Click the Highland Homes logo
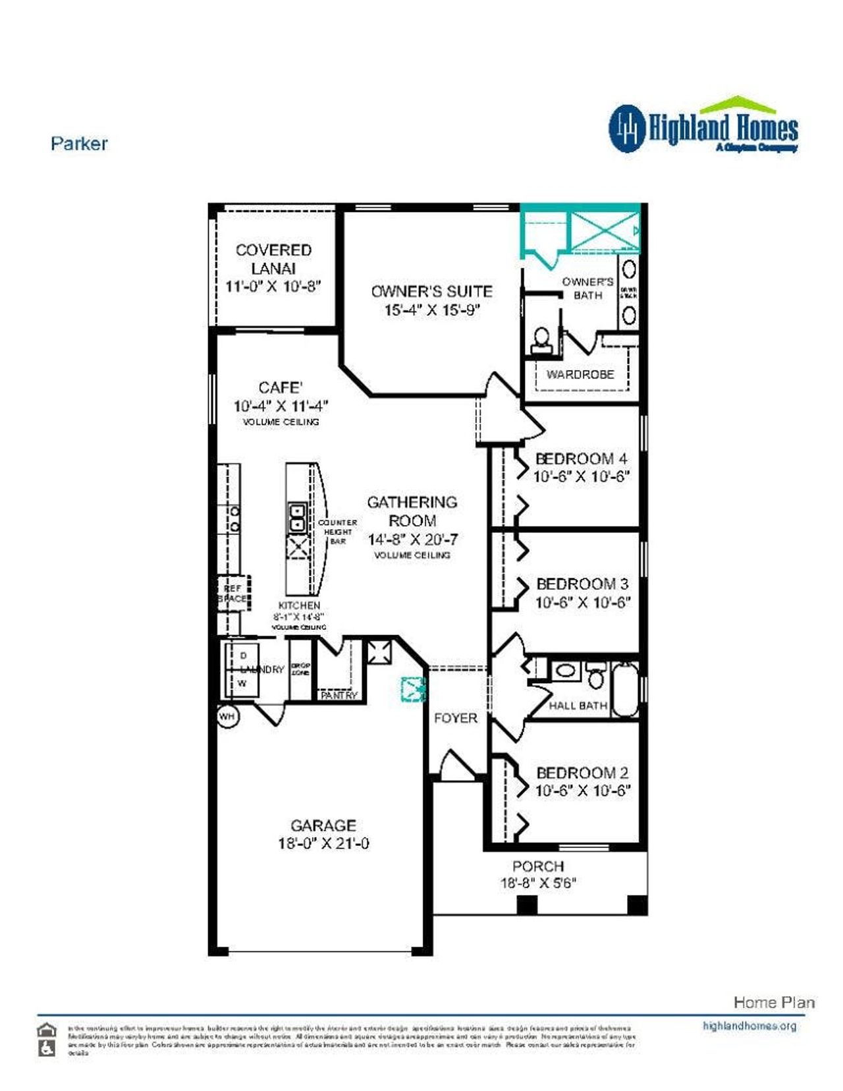point(703,126)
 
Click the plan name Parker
point(79,144)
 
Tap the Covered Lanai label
point(273,259)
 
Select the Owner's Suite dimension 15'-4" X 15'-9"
point(432,310)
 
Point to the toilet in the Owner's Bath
point(541,339)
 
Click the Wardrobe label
point(580,374)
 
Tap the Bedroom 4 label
point(581,459)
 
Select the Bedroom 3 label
point(582,584)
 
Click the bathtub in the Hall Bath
point(625,690)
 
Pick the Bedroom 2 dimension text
point(582,791)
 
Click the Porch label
point(538,866)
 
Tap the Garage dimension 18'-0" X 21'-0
point(323,843)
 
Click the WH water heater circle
point(227,716)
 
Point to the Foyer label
point(455,718)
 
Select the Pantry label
point(339,695)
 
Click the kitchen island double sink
point(297,517)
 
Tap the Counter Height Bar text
point(337,532)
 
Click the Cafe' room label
point(280,387)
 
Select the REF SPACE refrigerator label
point(233,594)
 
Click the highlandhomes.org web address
point(749,1026)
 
